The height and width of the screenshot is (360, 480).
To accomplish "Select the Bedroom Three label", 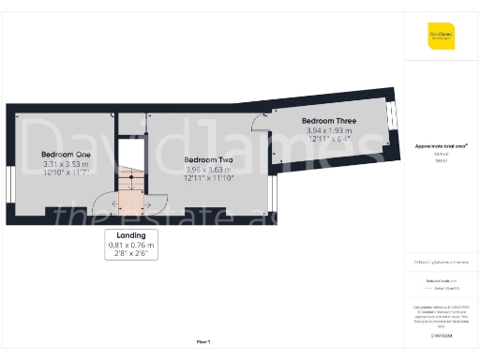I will (328, 121).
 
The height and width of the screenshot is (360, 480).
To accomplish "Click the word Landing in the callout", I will (130, 234).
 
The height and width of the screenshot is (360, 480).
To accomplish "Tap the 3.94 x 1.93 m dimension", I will (328, 131).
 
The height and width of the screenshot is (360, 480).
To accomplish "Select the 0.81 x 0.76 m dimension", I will (130, 245).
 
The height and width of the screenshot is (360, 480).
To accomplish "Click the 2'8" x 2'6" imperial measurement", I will (130, 253).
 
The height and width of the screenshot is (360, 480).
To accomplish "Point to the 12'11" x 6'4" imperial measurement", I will (328, 140).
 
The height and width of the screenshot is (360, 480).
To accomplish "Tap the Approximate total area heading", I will (441, 145).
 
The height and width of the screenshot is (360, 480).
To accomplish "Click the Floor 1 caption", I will (203, 342).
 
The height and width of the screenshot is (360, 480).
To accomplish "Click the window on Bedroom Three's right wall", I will (392, 119).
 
